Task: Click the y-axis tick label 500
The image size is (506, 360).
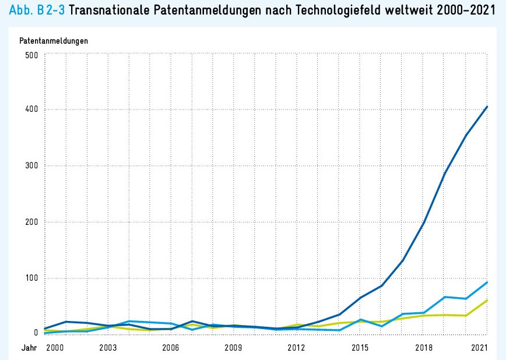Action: (x=30, y=55)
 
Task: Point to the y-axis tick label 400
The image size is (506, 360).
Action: (x=30, y=110)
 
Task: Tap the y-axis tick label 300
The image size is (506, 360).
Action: (x=30, y=165)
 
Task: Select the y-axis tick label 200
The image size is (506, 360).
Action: (x=30, y=222)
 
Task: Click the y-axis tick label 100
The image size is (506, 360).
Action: (x=30, y=278)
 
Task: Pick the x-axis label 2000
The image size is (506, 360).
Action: (x=54, y=348)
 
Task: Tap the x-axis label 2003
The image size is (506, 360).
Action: (x=107, y=348)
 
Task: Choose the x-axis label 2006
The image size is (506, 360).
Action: (x=170, y=348)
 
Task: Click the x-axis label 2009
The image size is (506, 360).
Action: (x=233, y=348)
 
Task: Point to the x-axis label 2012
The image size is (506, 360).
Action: (x=296, y=348)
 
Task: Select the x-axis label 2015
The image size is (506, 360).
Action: (x=360, y=348)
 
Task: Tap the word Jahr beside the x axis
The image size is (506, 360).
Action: (x=29, y=348)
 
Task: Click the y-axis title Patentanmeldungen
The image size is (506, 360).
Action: (x=54, y=41)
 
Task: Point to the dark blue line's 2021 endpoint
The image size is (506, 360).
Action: (x=487, y=107)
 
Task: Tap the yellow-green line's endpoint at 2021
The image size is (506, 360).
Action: (x=487, y=300)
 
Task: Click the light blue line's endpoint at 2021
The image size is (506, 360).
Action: (x=487, y=282)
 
